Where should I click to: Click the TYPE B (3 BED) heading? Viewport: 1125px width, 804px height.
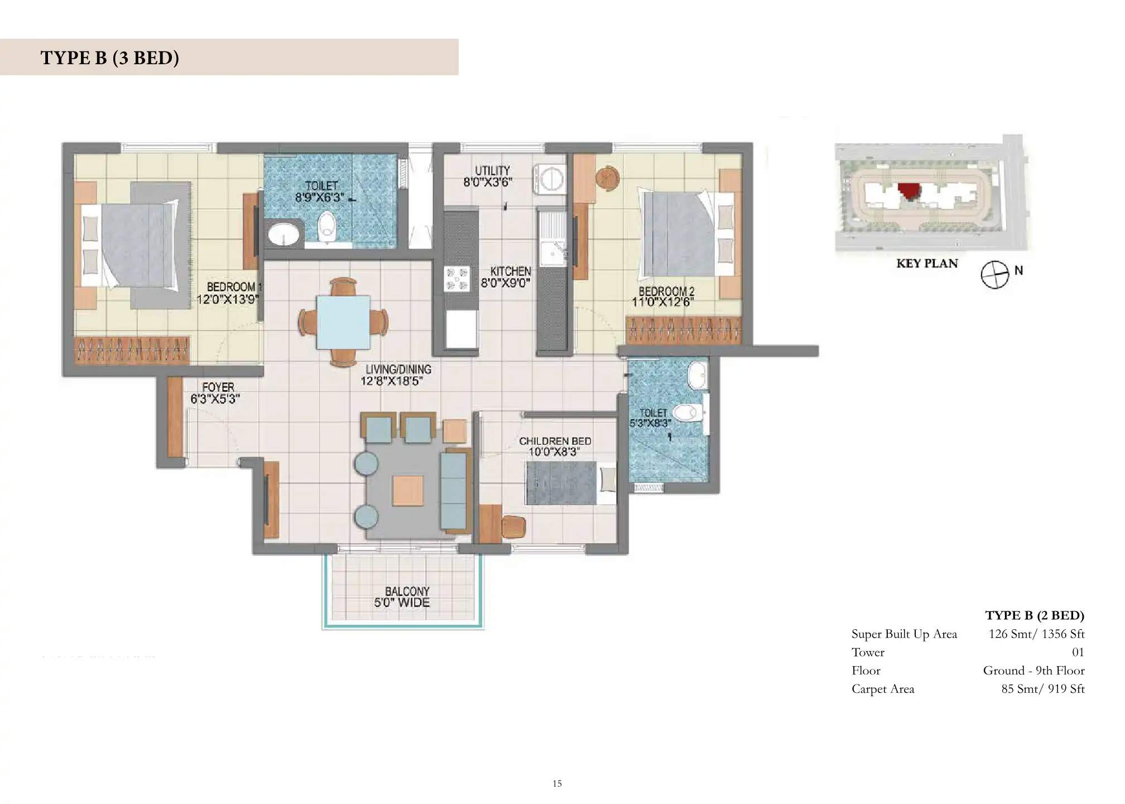tap(110, 58)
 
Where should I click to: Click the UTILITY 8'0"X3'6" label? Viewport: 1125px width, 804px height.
tap(488, 176)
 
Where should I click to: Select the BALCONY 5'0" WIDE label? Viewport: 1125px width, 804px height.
tap(403, 597)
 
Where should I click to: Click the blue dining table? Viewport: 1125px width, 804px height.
tap(343, 322)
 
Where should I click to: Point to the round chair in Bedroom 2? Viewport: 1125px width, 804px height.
tap(607, 178)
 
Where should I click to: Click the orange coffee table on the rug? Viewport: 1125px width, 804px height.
tap(408, 490)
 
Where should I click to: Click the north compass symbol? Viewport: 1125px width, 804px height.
tap(995, 275)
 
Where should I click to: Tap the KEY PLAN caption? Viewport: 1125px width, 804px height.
tap(927, 264)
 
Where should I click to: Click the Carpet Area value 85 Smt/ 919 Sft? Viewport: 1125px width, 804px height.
tap(1043, 689)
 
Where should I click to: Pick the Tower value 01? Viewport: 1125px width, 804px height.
tap(1078, 652)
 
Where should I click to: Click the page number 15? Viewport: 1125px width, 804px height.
tap(557, 784)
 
